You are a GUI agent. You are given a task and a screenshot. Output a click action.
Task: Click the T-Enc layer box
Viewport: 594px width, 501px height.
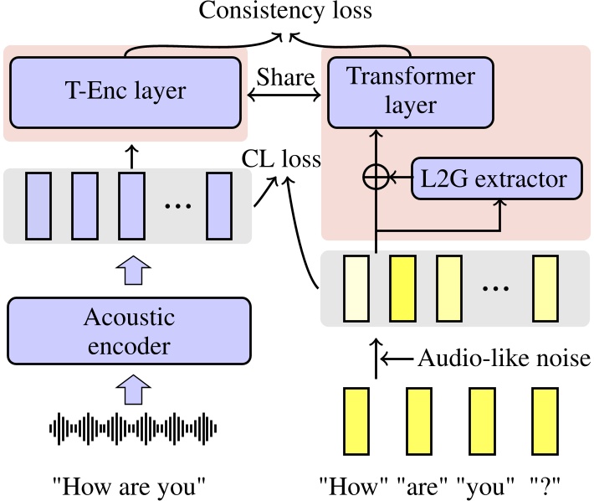[x=125, y=91]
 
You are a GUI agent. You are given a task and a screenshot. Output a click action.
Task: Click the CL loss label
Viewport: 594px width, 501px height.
[x=281, y=158]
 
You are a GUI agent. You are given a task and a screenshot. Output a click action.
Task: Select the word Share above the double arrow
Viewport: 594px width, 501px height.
[x=285, y=77]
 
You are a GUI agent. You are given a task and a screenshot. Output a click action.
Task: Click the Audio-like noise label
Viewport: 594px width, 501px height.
[x=504, y=359]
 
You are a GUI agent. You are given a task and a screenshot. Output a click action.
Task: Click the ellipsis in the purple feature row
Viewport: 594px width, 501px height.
[x=178, y=204]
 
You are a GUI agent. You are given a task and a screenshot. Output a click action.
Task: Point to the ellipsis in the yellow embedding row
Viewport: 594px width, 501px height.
[x=496, y=287]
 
